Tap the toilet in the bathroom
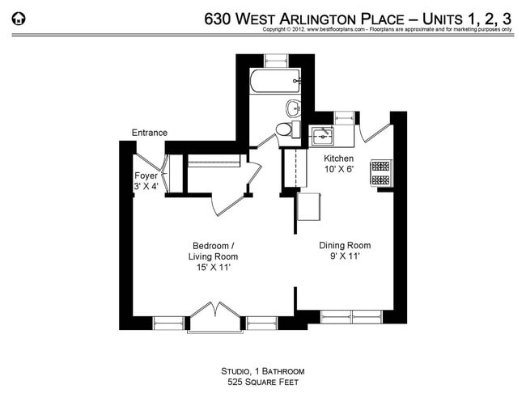[x=284, y=129]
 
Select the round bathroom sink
[x=293, y=108]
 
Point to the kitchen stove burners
[x=380, y=172]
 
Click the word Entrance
[x=150, y=133]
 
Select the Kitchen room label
[x=339, y=158]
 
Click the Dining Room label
[x=344, y=245]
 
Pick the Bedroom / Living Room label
[x=214, y=251]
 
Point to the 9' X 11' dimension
[x=344, y=256]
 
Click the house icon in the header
[x=19, y=18]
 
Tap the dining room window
[x=353, y=315]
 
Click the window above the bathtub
[x=276, y=60]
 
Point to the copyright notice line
[x=387, y=29]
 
